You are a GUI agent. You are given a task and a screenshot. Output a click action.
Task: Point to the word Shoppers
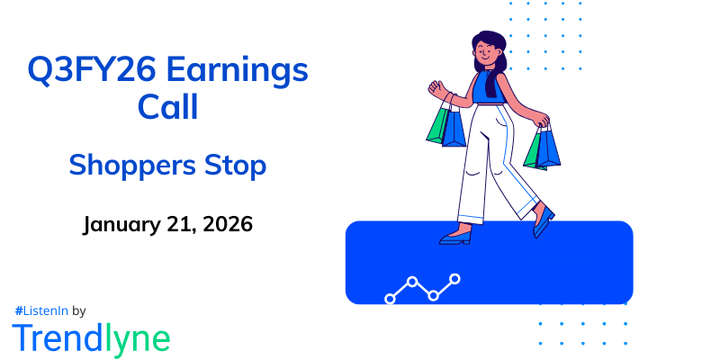122,167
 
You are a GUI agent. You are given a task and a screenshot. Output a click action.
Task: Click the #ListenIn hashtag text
41,310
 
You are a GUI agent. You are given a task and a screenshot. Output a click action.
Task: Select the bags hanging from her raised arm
445,124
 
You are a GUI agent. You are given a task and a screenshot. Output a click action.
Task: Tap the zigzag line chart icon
423,288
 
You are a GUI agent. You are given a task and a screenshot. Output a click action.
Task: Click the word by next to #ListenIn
78,310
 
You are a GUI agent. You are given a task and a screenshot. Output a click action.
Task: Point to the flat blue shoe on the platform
455,239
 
